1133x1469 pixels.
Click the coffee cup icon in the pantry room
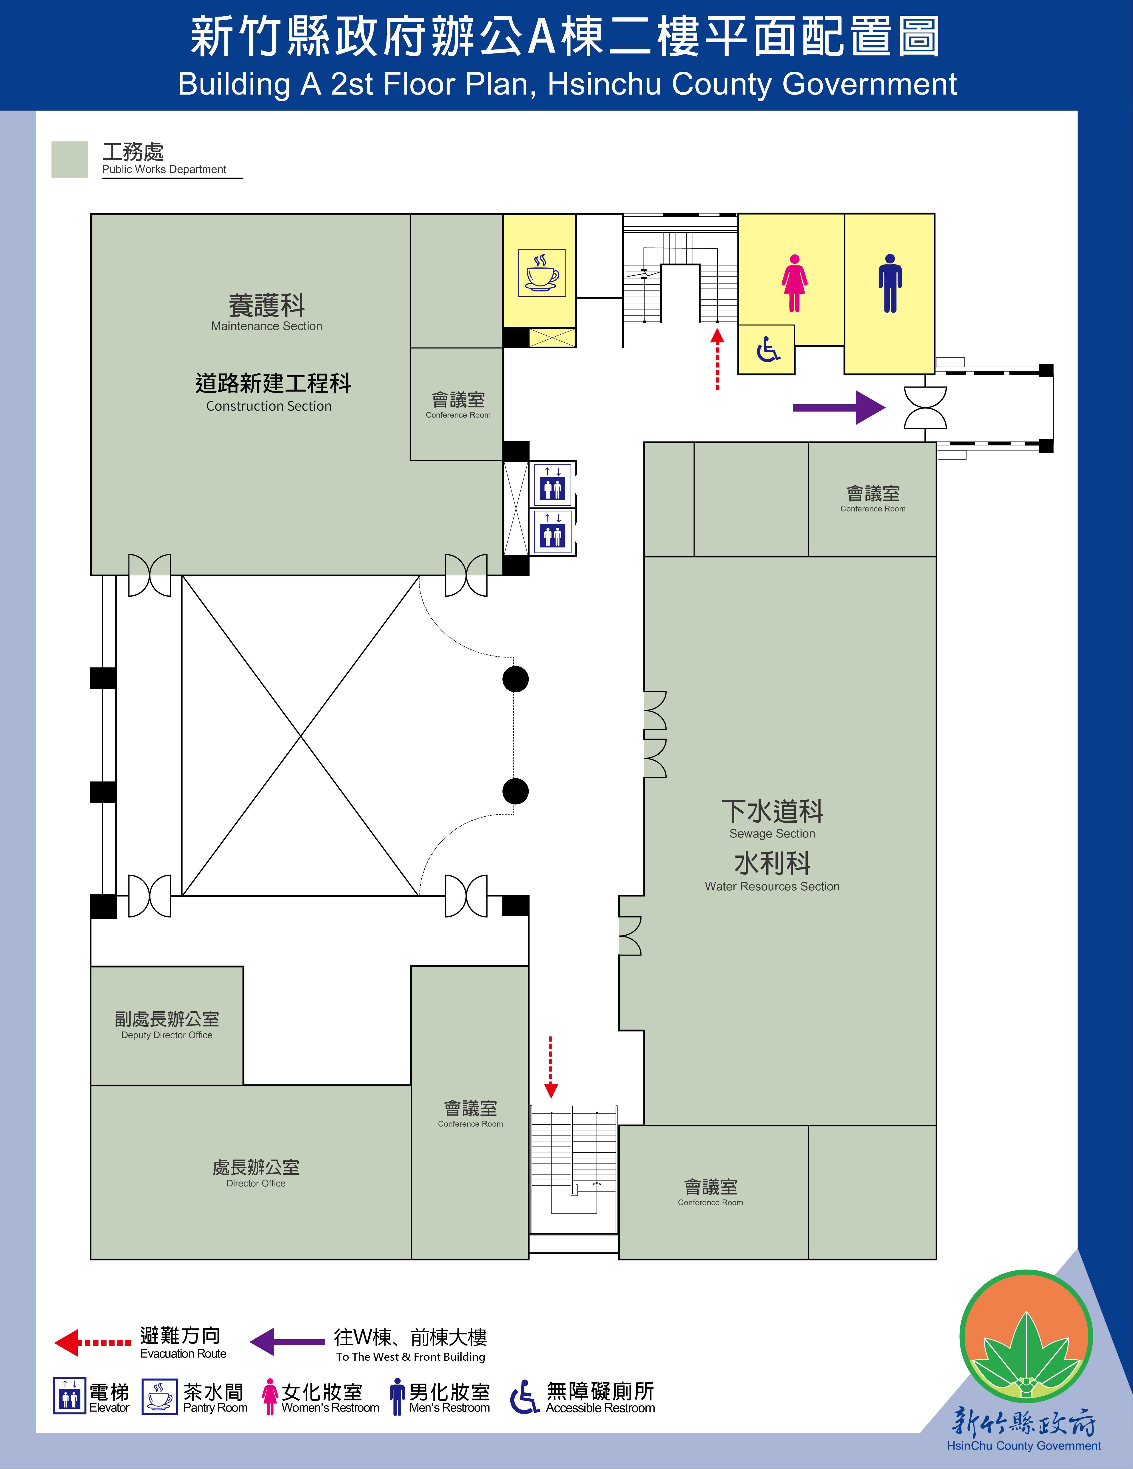(x=542, y=273)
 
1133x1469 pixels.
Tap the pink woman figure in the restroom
(x=794, y=283)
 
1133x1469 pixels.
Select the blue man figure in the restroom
(x=890, y=283)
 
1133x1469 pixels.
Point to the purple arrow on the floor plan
(x=839, y=407)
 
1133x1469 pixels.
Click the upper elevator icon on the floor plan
(x=553, y=484)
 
